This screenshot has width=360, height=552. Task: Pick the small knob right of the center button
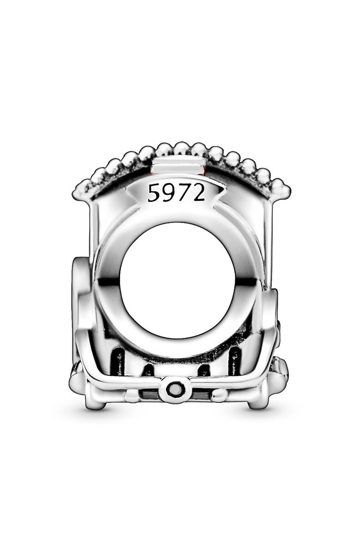(221, 395)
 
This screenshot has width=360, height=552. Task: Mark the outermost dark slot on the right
(234, 360)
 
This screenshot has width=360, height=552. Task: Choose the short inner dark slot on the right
(204, 370)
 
